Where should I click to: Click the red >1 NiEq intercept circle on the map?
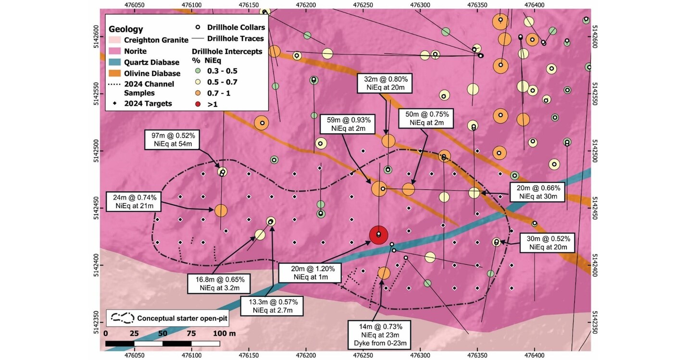tap(378, 235)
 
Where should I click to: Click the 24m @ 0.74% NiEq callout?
tap(133, 201)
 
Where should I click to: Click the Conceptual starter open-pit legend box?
tap(162, 318)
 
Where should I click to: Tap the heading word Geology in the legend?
tap(126, 29)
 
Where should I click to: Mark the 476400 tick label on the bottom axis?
tap(535, 355)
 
